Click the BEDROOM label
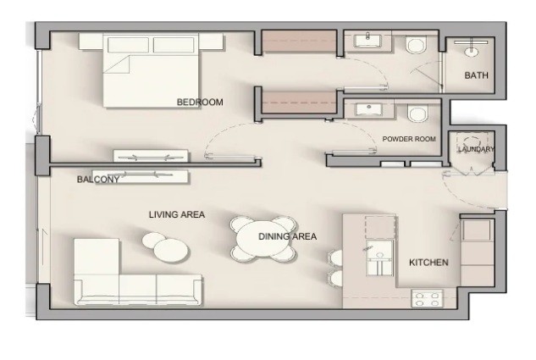point(200,102)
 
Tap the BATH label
point(476,75)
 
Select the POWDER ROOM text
point(409,139)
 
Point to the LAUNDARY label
point(476,149)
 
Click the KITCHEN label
point(428,263)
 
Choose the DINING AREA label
point(288,236)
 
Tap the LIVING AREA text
point(177,214)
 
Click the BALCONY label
point(98,179)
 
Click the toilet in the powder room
point(417,114)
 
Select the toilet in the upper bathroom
point(417,45)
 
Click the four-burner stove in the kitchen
point(428,298)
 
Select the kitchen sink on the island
point(379,258)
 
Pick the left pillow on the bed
point(128,45)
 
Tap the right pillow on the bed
point(174,45)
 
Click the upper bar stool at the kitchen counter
point(335,258)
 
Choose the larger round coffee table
point(170,250)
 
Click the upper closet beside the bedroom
point(299,42)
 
